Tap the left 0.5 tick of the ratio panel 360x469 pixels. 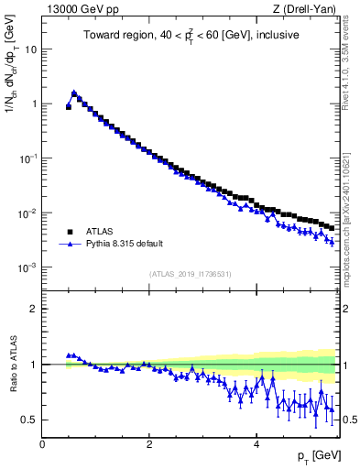point(31,420)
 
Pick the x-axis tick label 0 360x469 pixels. point(43,445)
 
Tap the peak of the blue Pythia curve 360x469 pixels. point(74,93)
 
